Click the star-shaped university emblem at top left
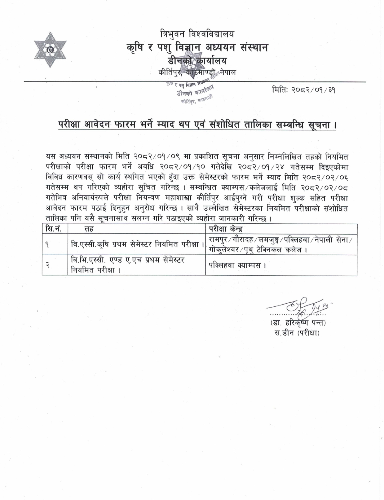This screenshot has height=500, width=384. point(50,50)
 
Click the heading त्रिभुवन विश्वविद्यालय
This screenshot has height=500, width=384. point(198,34)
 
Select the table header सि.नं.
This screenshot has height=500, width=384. point(53,229)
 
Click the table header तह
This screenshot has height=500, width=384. point(89,229)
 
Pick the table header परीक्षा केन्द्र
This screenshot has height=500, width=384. point(225,229)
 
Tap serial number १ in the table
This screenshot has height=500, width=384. point(47,244)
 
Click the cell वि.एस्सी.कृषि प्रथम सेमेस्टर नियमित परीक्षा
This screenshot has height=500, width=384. point(136,244)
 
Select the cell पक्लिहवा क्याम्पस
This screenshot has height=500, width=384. point(238,265)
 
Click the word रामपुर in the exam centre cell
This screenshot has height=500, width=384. point(218,240)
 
